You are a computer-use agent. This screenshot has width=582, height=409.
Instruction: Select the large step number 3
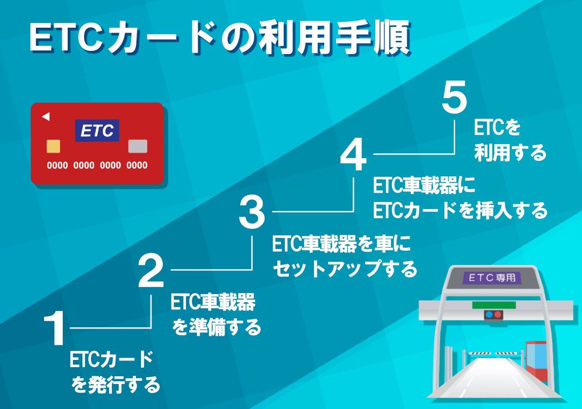[x=252, y=212]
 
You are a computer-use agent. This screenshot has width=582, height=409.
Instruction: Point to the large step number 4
[x=353, y=154]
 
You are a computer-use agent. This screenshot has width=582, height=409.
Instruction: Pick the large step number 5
[x=454, y=97]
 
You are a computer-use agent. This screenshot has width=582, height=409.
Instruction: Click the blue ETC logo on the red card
[x=97, y=130]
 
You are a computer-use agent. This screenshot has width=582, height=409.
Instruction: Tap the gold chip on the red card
[x=53, y=146]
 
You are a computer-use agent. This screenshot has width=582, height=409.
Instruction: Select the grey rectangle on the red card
[x=138, y=146]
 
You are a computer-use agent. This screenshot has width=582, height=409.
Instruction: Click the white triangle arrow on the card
[x=46, y=117]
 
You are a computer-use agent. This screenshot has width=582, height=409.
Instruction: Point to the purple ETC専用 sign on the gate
[x=492, y=278]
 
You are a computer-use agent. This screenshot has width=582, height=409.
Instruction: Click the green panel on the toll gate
[x=494, y=305]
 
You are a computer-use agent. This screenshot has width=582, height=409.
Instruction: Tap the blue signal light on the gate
[x=489, y=314]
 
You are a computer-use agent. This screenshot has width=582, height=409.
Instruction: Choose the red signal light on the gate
[x=497, y=314]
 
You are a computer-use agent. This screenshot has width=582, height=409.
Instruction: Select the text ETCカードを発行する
[x=114, y=372]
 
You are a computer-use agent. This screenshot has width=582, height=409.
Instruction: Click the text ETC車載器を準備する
[x=216, y=314]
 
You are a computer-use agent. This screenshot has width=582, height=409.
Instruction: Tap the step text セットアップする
[x=345, y=269]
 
